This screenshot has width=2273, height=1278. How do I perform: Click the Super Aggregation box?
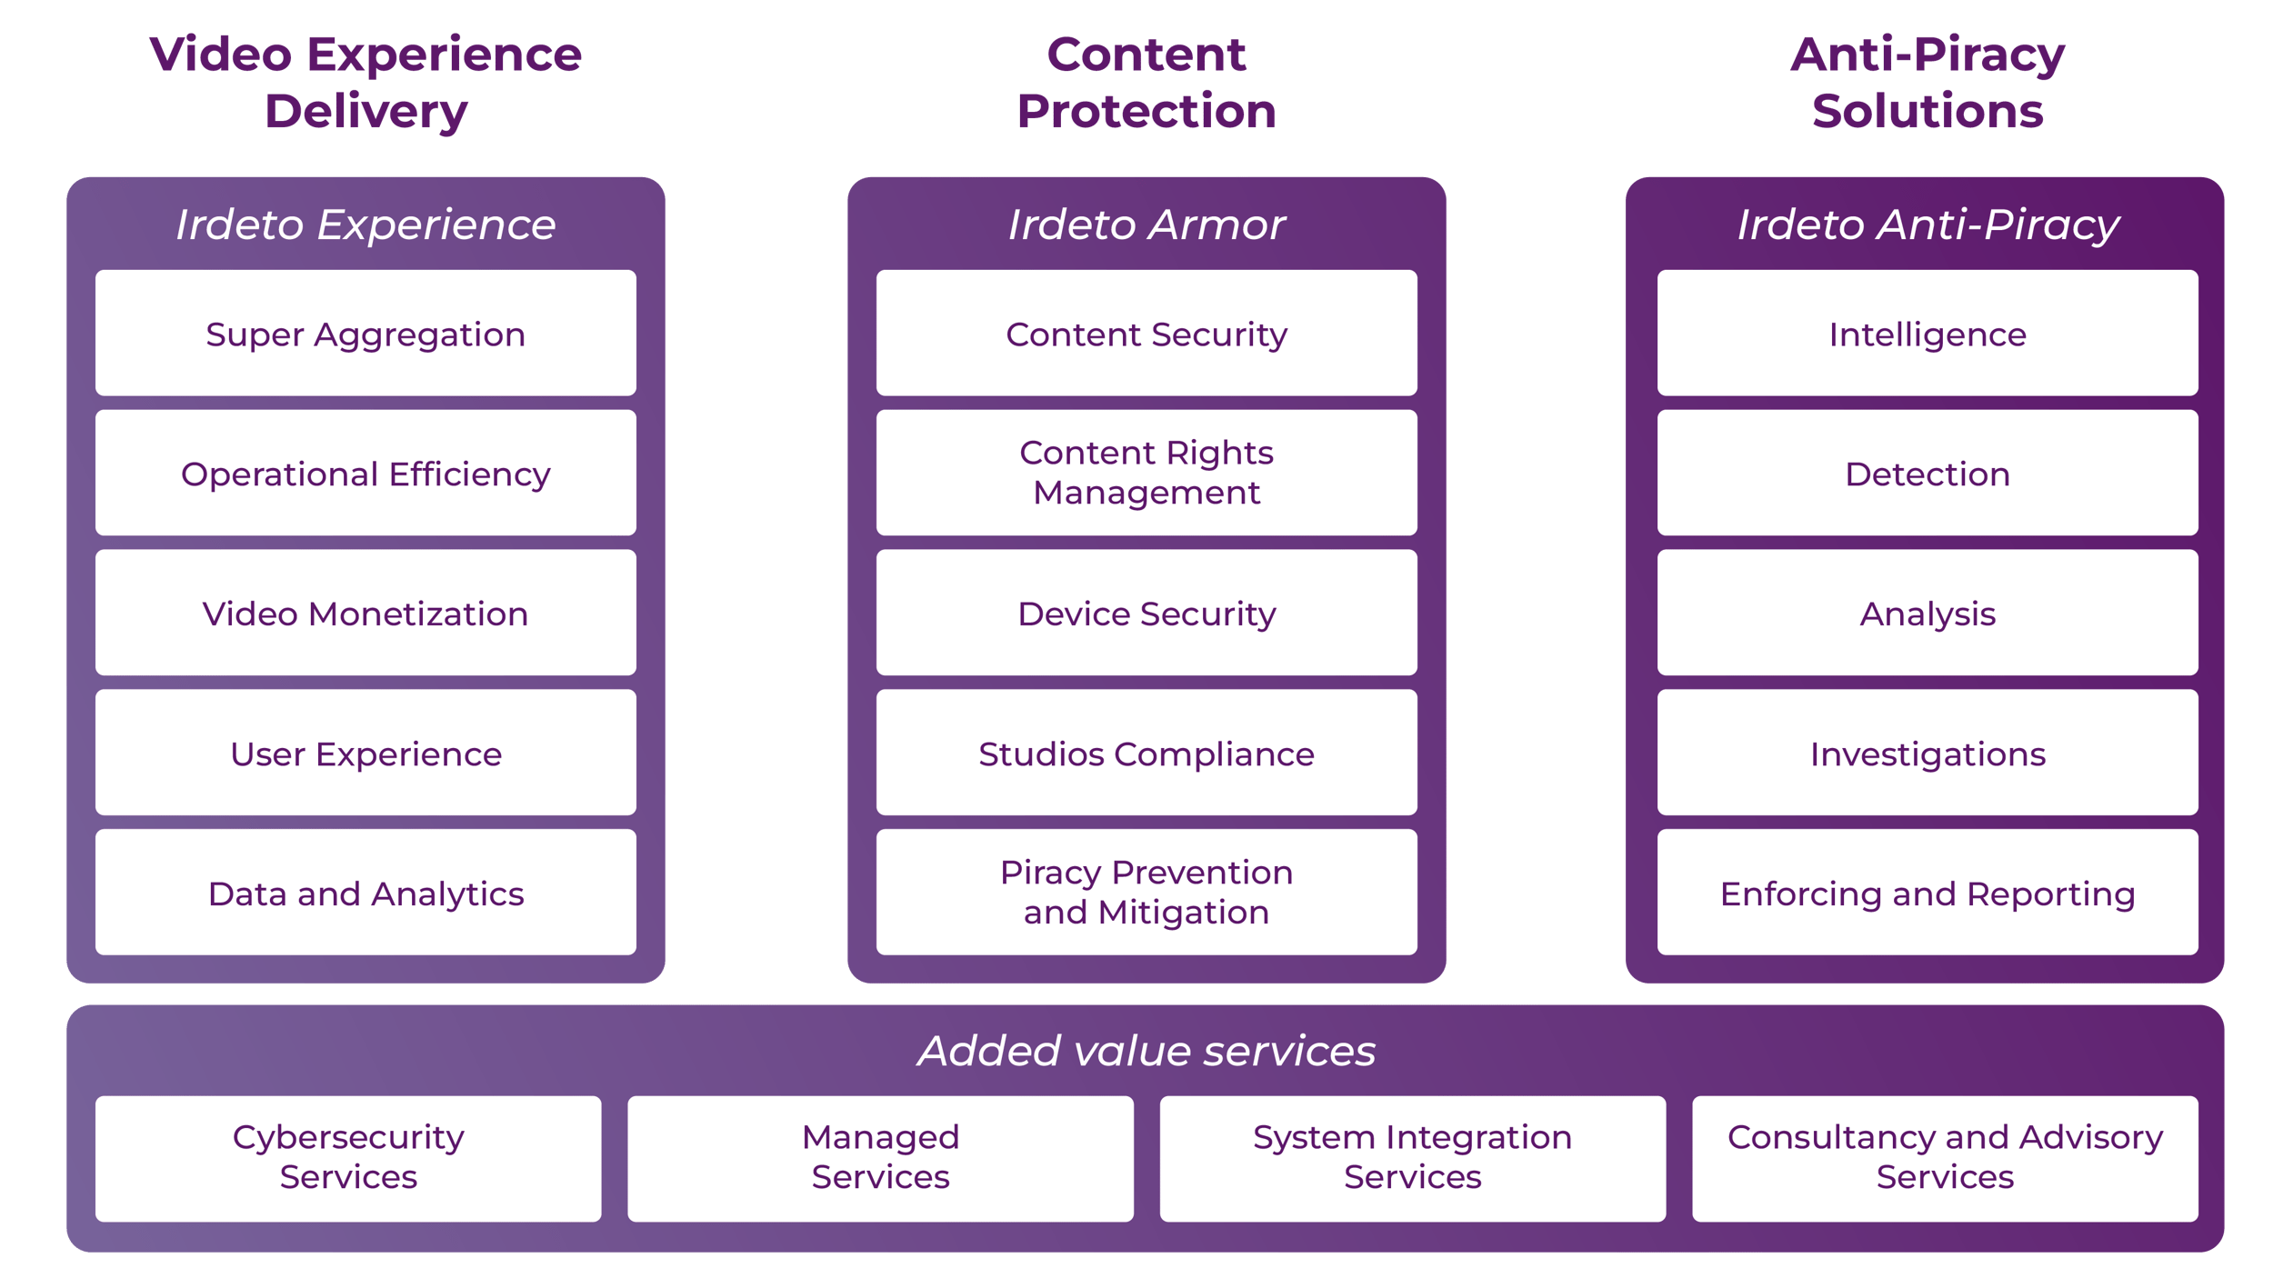pos(365,334)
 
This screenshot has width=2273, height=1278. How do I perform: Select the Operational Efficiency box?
pos(365,474)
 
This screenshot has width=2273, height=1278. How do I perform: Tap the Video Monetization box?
pos(365,614)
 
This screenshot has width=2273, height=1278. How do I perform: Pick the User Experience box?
pos(365,754)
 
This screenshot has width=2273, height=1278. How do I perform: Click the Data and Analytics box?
pos(365,894)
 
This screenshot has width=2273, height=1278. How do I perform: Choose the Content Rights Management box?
pos(1147,473)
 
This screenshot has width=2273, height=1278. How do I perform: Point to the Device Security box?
pos(1147,614)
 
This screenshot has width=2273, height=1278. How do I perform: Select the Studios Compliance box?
pos(1147,754)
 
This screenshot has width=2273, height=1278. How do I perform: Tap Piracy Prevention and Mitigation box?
pos(1147,892)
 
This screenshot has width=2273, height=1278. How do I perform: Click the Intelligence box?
pos(1928,334)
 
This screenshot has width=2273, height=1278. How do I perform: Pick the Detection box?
pos(1928,474)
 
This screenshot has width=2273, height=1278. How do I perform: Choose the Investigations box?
pos(1928,754)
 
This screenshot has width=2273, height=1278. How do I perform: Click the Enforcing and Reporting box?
pos(1928,894)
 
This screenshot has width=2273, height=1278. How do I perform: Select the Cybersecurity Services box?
pos(348,1157)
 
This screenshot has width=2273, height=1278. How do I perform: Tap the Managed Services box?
pos(880,1157)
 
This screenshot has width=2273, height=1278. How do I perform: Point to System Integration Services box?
pos(1412,1157)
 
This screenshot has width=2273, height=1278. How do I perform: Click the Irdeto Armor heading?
pos(1147,225)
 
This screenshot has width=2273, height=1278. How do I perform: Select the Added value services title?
pos(1147,1051)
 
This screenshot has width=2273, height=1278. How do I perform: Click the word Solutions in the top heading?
pos(1928,111)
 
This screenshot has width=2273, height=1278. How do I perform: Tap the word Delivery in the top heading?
pos(365,111)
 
